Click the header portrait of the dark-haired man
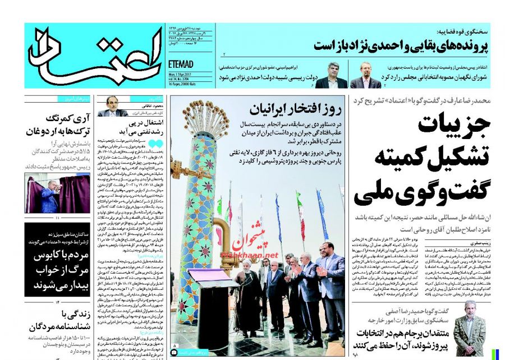click(x=331, y=76)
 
